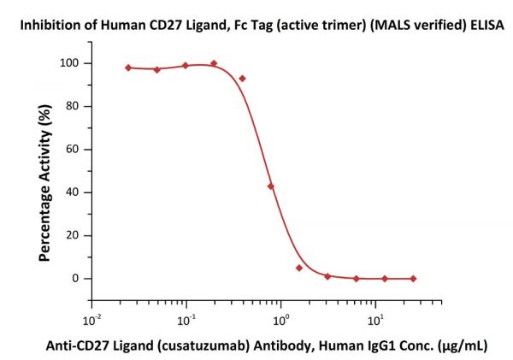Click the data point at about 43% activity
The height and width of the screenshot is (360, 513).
(x=271, y=186)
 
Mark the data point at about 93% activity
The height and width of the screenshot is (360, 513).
(x=243, y=78)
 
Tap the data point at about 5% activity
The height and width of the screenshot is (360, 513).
(x=299, y=268)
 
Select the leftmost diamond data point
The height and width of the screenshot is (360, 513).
(x=128, y=68)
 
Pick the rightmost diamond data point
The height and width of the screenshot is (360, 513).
(x=413, y=279)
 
